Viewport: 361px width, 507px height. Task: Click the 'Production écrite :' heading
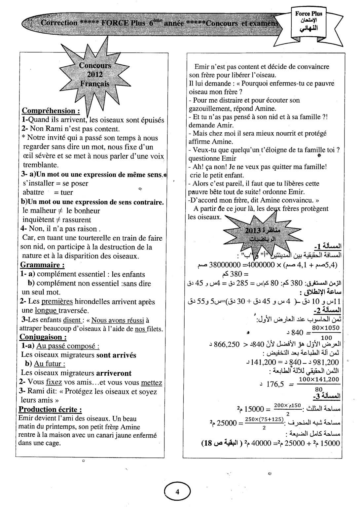click(50, 410)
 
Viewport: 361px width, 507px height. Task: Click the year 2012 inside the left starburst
click(95, 75)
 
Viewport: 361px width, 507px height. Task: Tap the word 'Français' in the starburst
click(95, 84)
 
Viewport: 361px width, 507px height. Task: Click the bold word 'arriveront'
click(114, 373)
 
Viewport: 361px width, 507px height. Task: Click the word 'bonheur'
click(87, 211)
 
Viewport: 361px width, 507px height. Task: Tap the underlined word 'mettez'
click(151, 383)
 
